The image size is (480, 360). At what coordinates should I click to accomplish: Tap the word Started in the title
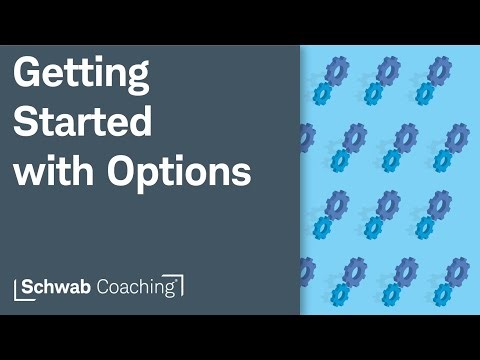pyautogui.click(x=82, y=124)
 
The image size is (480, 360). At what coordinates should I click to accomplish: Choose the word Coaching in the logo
pyautogui.click(x=139, y=287)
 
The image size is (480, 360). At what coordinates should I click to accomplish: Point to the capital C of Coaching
pyautogui.click(x=109, y=286)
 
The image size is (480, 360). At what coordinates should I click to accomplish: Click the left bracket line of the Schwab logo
pyautogui.click(x=17, y=286)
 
